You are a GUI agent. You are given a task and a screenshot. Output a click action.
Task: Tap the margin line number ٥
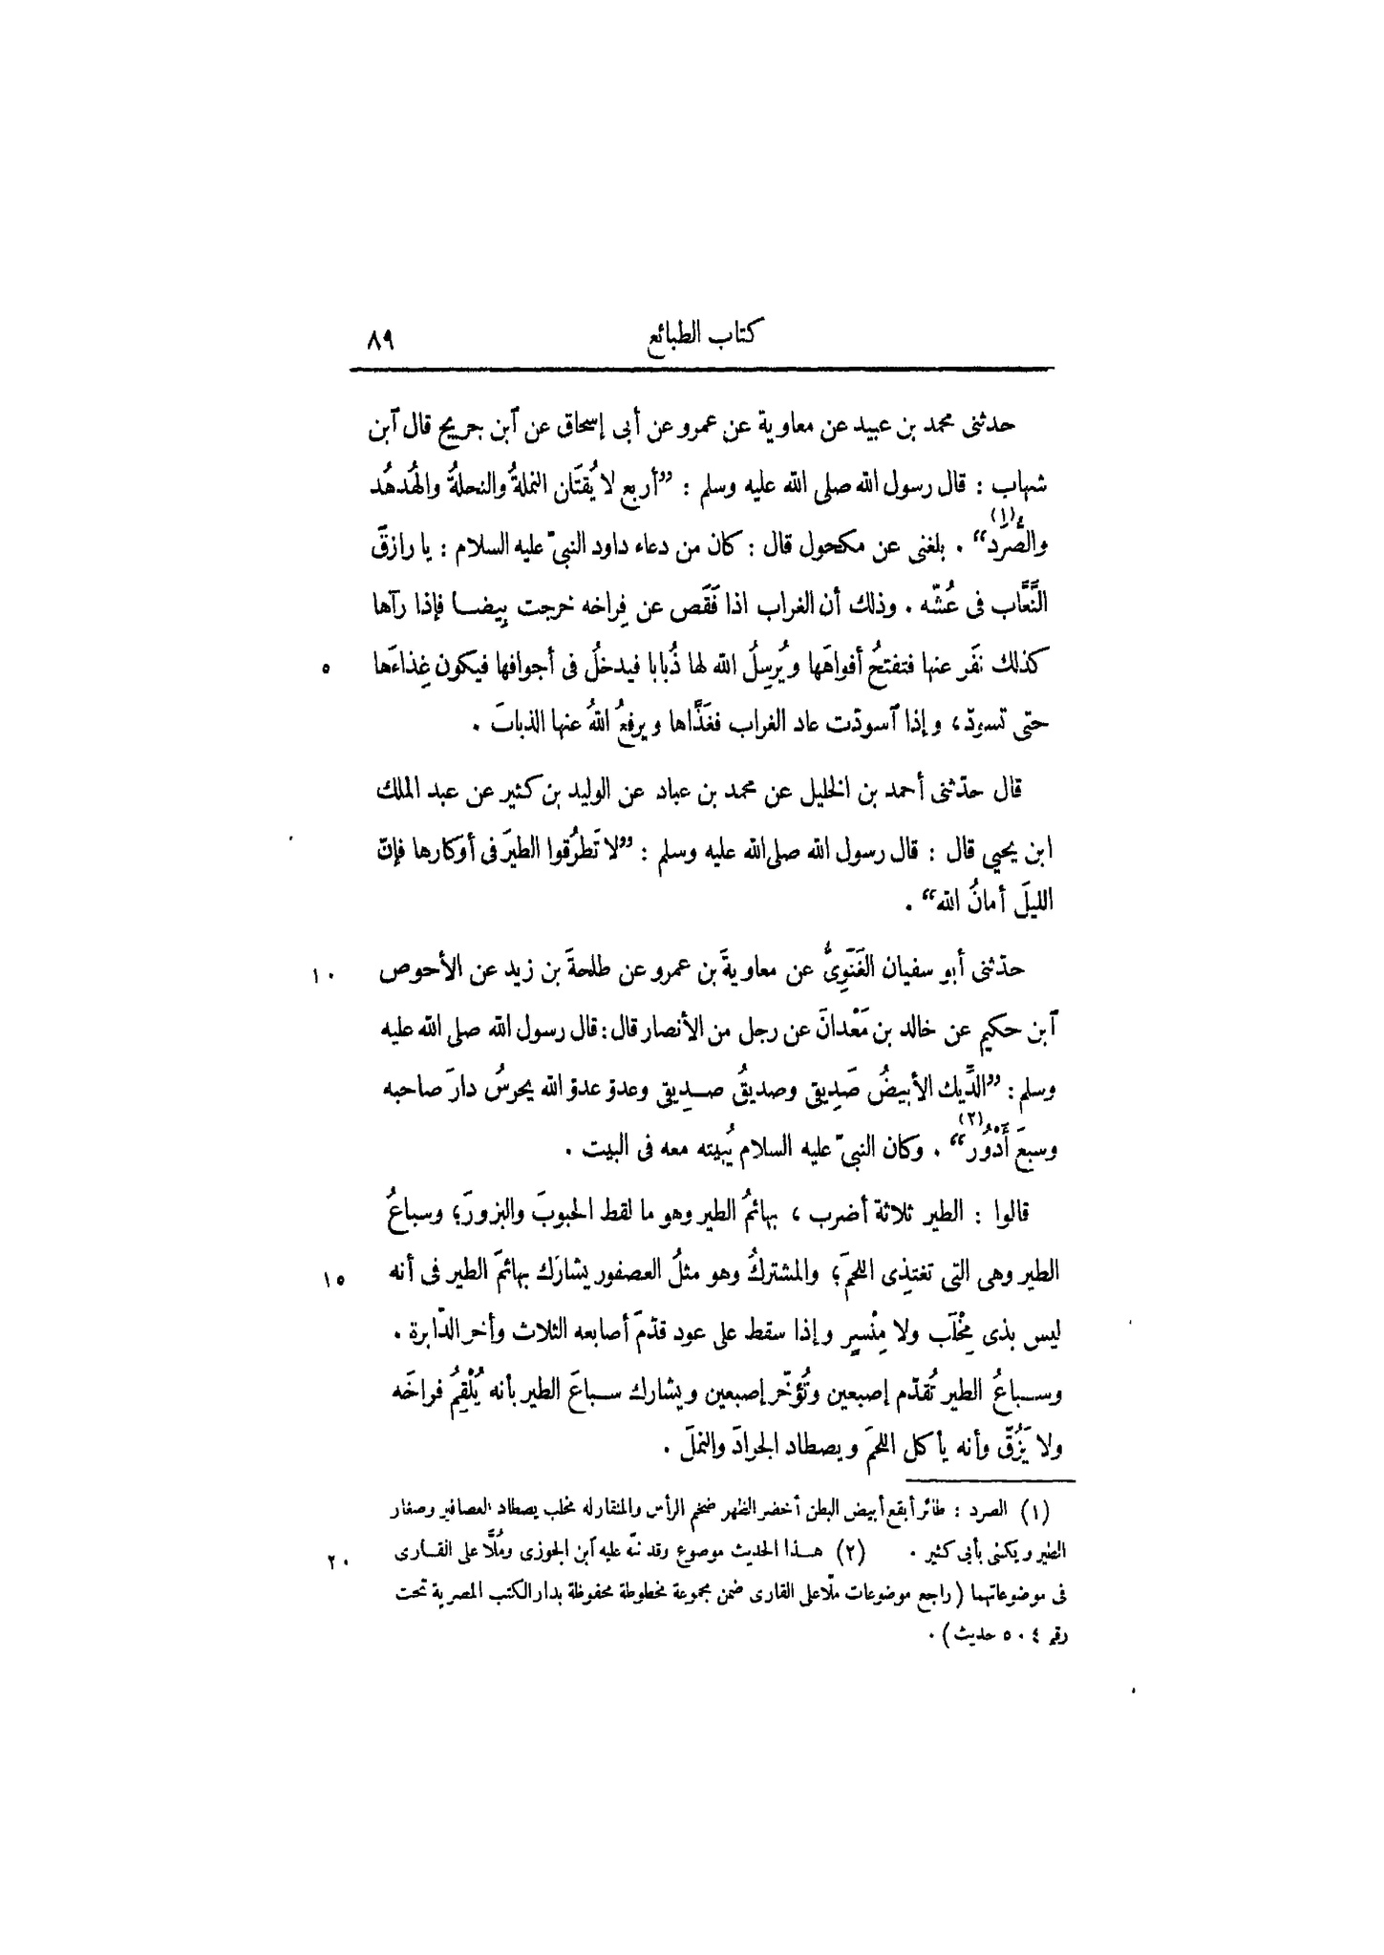(325, 671)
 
